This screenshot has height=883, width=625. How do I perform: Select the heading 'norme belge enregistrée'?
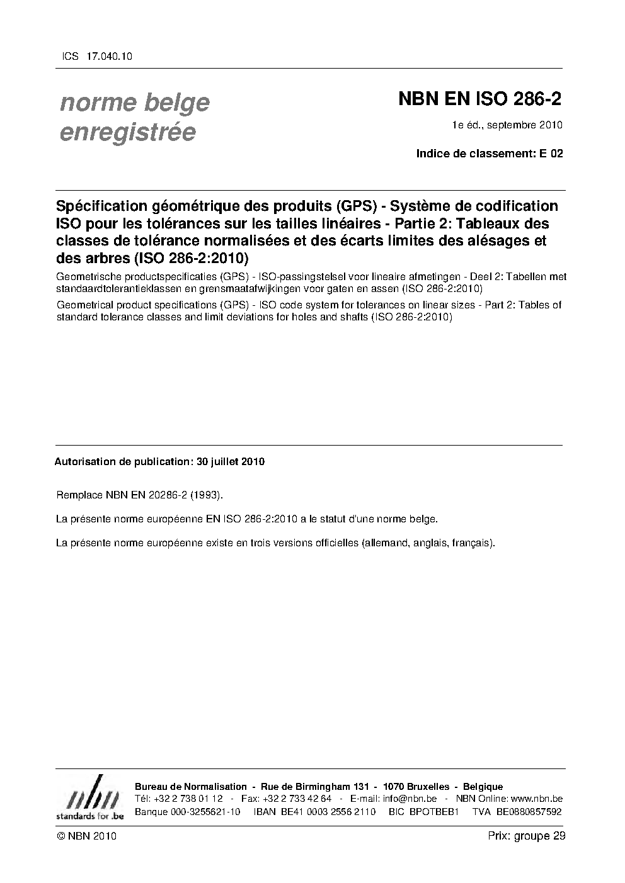point(134,117)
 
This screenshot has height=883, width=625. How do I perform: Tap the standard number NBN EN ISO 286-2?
point(479,99)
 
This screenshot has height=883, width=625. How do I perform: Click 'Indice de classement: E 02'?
point(490,153)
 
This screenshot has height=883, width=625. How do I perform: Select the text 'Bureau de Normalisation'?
point(191,787)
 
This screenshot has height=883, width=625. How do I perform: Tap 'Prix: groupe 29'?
point(526,836)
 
